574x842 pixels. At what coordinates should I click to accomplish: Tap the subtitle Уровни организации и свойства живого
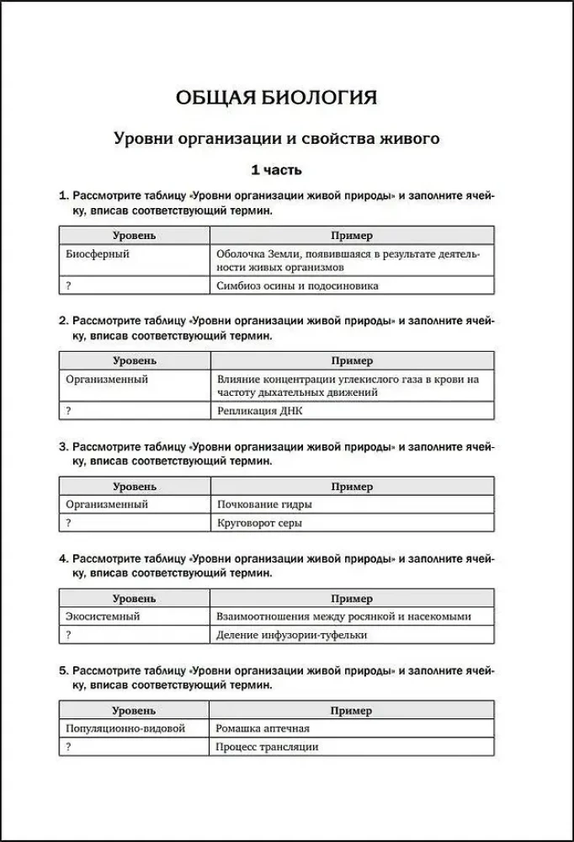tap(276, 138)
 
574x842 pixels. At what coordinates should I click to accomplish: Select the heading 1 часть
tap(276, 170)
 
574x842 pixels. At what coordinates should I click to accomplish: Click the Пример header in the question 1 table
tap(352, 236)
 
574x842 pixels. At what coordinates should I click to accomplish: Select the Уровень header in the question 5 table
tap(134, 711)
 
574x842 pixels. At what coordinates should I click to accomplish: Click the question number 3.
tap(63, 446)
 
